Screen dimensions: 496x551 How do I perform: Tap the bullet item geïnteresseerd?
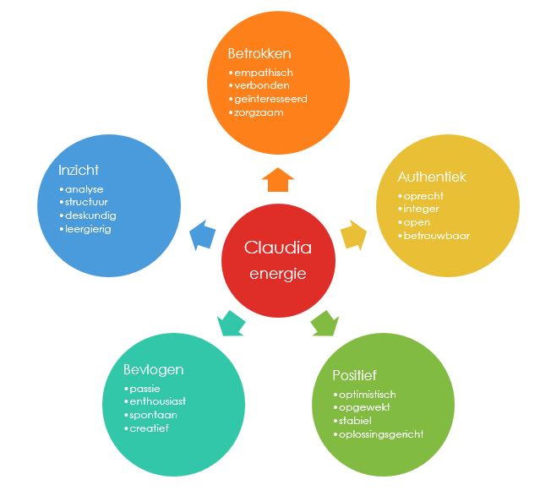[x=270, y=99]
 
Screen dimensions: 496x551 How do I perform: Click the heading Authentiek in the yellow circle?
[x=432, y=177]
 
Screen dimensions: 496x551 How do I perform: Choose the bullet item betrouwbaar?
[x=436, y=235]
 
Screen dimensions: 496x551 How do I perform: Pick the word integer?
[x=423, y=209]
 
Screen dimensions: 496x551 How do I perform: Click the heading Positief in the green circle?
[x=355, y=375]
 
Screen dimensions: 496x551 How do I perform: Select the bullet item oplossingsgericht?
[x=380, y=434]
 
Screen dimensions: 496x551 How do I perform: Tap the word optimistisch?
[x=367, y=395]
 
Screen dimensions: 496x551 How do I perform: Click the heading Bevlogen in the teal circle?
[x=154, y=369]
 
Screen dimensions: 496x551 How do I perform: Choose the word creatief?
[x=150, y=428]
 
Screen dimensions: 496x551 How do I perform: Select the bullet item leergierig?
[x=88, y=228]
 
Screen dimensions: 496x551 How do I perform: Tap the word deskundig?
[x=89, y=215]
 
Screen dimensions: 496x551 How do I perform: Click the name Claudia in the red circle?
[x=277, y=248]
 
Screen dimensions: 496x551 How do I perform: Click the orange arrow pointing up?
[x=277, y=179]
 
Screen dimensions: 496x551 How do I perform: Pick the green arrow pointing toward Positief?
[x=325, y=322]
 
